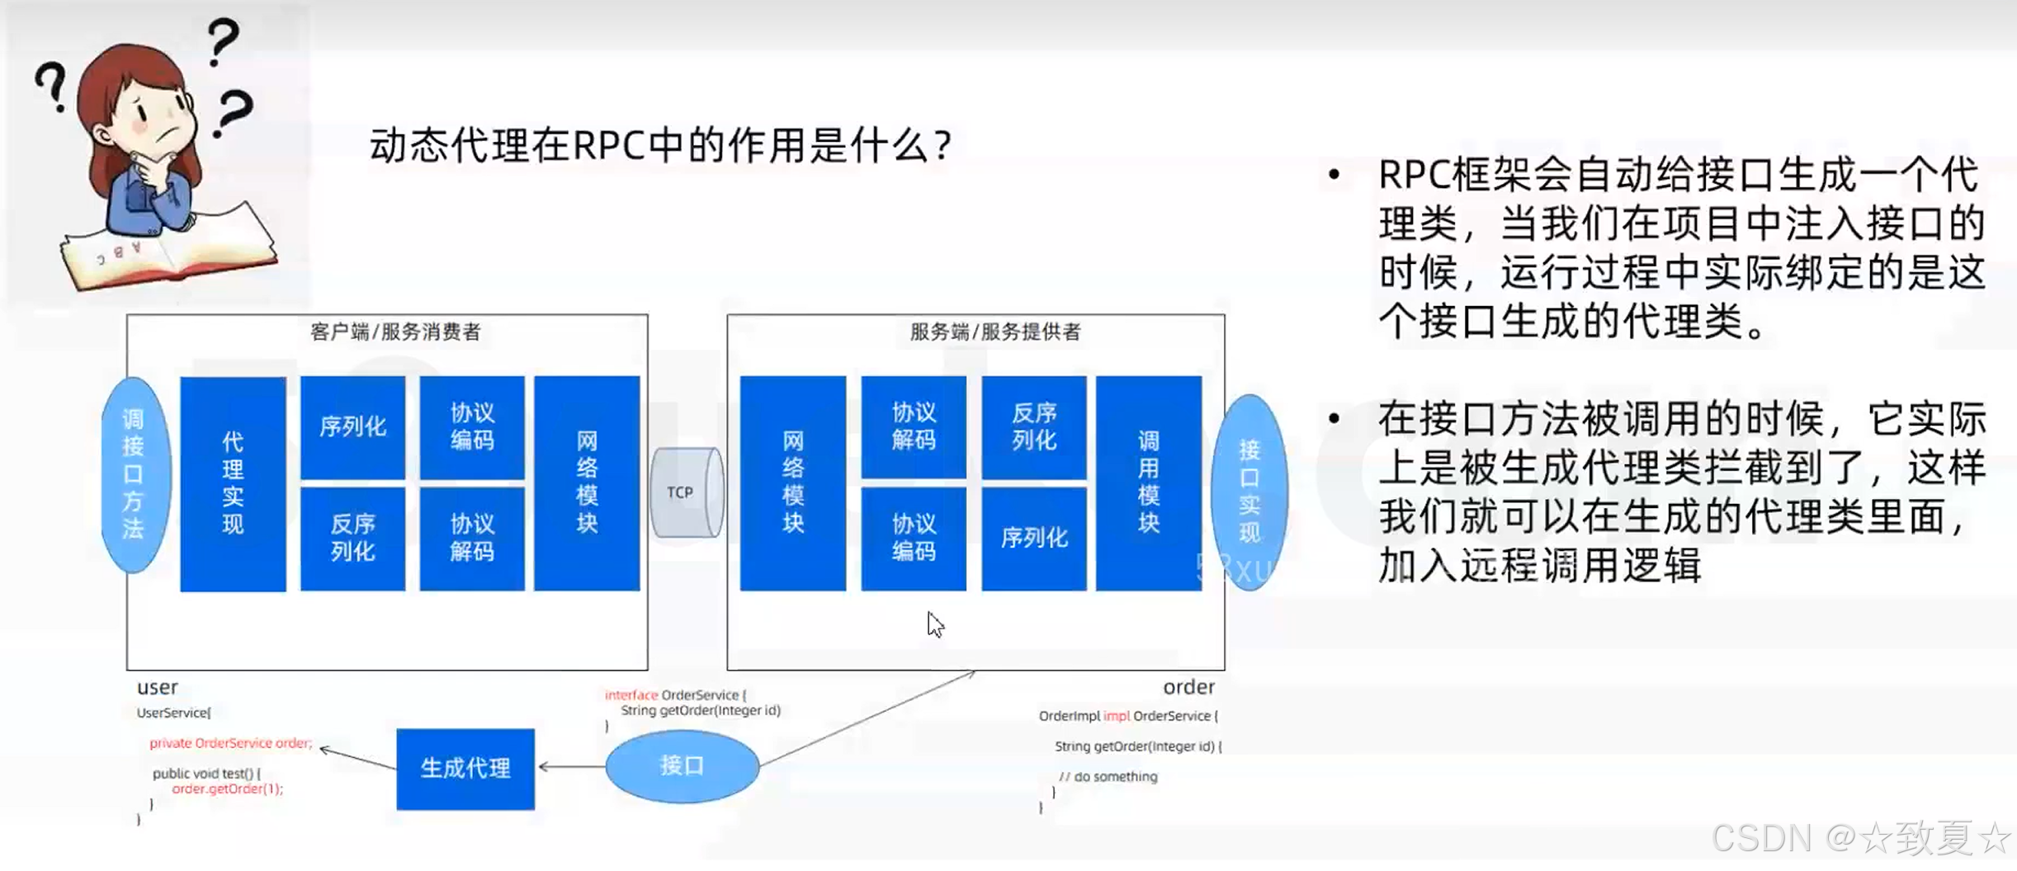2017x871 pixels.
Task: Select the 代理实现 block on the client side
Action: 233,483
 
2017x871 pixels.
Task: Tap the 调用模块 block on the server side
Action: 1148,483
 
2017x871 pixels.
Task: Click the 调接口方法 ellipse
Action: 134,475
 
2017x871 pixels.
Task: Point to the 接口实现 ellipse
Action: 1249,492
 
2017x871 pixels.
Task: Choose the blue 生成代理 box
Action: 465,769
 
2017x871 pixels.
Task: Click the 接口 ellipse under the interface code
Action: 682,766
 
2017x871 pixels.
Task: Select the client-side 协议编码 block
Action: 472,427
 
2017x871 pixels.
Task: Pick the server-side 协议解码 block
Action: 913,427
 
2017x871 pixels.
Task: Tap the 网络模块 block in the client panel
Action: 587,483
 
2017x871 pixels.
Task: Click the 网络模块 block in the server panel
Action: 792,483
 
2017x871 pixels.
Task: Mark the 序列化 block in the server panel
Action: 1033,539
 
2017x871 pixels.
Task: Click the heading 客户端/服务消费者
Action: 395,332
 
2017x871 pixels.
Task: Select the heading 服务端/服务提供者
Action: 994,332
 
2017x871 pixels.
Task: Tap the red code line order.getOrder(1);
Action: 227,789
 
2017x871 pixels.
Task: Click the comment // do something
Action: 1108,776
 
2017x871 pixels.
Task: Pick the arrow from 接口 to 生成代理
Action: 571,766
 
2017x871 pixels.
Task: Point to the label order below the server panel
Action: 1188,687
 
